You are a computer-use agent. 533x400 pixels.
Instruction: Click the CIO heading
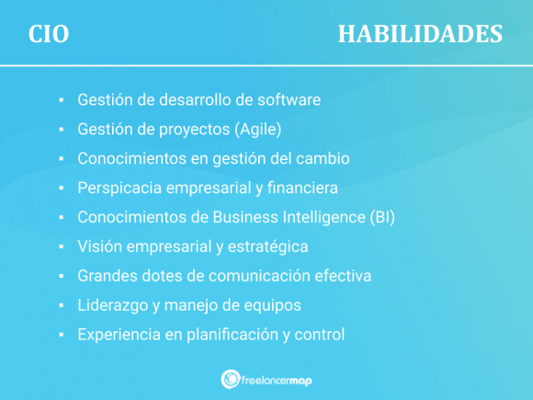[x=49, y=34]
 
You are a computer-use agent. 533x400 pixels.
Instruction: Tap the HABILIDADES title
[x=420, y=34]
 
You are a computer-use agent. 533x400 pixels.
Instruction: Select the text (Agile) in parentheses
[x=257, y=129]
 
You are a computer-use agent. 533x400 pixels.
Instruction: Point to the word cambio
[x=323, y=158]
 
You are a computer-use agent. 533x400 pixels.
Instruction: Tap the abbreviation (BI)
[x=380, y=217]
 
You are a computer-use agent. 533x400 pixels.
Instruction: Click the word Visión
[x=100, y=246]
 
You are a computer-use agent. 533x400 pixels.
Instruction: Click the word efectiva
[x=342, y=276]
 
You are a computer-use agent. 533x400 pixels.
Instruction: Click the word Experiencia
[x=118, y=335]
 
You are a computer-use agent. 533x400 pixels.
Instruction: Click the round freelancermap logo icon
[x=231, y=378]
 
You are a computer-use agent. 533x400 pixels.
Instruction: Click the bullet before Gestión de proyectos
[x=60, y=130]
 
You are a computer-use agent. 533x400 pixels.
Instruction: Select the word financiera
[x=303, y=188]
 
